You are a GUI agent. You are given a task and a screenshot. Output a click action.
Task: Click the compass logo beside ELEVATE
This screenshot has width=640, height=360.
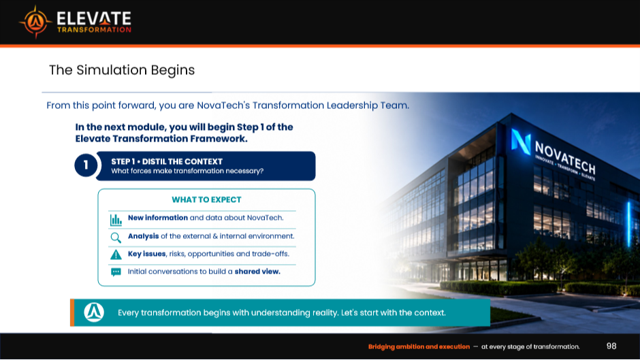point(35,22)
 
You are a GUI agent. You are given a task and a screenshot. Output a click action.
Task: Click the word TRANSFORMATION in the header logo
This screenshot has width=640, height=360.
point(94,30)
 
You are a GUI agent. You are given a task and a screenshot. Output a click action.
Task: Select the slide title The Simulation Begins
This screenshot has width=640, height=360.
point(122,70)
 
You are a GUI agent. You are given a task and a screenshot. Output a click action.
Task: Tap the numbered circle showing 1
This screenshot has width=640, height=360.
point(86,165)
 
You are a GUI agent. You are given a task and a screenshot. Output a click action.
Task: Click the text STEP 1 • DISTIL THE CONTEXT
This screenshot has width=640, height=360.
point(167,162)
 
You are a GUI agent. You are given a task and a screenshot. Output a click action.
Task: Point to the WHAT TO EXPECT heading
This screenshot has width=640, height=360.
point(206,199)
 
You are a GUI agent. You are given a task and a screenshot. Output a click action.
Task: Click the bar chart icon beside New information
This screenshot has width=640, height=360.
point(116,220)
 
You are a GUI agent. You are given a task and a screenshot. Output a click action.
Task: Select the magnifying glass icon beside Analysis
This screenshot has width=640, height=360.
point(116,238)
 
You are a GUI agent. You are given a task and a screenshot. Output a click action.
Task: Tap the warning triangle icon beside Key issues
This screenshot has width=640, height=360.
point(116,255)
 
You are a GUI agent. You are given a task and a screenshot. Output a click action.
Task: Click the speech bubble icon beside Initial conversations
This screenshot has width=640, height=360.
point(116,272)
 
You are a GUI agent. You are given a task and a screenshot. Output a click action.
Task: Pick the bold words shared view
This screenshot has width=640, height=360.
point(257,272)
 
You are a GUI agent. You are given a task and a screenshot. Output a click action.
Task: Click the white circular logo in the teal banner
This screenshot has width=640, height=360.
point(94,312)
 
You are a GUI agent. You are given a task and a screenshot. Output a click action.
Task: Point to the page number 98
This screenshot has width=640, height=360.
point(611,346)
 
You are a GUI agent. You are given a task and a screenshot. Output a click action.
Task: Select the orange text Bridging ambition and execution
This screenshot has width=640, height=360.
point(419,346)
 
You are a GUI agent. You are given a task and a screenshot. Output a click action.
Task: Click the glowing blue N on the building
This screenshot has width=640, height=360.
point(522,142)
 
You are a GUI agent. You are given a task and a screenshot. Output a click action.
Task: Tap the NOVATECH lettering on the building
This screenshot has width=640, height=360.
point(565,158)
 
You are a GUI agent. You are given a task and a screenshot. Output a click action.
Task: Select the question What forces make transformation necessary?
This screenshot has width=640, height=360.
point(187,171)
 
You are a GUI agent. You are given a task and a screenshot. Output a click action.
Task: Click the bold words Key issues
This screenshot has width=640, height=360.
point(147,254)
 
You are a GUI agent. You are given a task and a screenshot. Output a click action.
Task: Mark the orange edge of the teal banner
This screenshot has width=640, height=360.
point(72,312)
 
